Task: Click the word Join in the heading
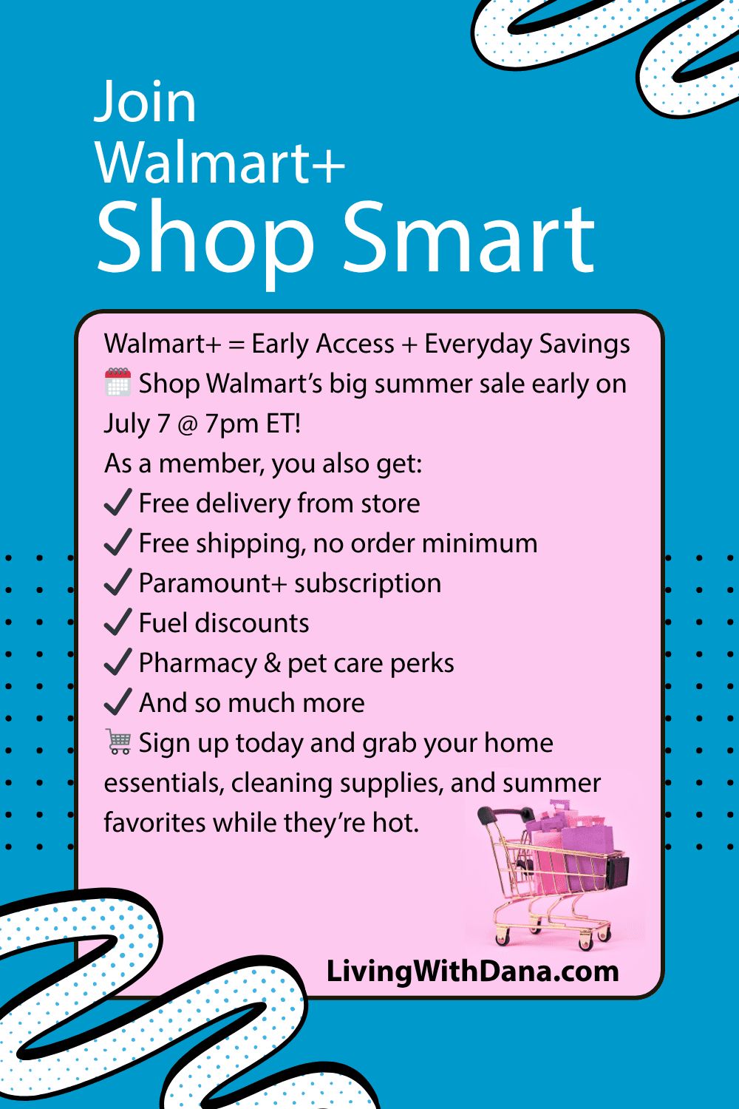[145, 104]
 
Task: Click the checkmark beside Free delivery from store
[118, 502]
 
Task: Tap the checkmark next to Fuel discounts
[118, 622]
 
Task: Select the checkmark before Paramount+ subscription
[118, 582]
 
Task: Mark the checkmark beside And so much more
[118, 702]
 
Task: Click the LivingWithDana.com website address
[473, 971]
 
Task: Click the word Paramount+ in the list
[213, 583]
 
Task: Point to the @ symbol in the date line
[187, 425]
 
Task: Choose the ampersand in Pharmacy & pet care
[272, 663]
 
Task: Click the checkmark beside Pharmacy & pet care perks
[118, 662]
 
